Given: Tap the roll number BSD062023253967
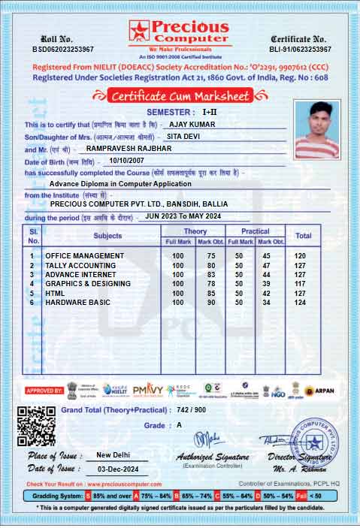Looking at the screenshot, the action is click(62, 49).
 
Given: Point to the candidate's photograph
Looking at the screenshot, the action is click(317, 126).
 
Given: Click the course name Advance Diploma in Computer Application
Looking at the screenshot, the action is click(120, 183).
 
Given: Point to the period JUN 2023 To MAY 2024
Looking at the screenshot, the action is click(183, 216).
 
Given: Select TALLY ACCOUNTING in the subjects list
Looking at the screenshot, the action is click(80, 266).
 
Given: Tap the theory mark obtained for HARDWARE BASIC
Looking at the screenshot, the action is click(211, 302).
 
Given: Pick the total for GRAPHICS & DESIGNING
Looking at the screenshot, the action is click(303, 284).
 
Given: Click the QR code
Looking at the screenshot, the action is click(36, 425).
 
